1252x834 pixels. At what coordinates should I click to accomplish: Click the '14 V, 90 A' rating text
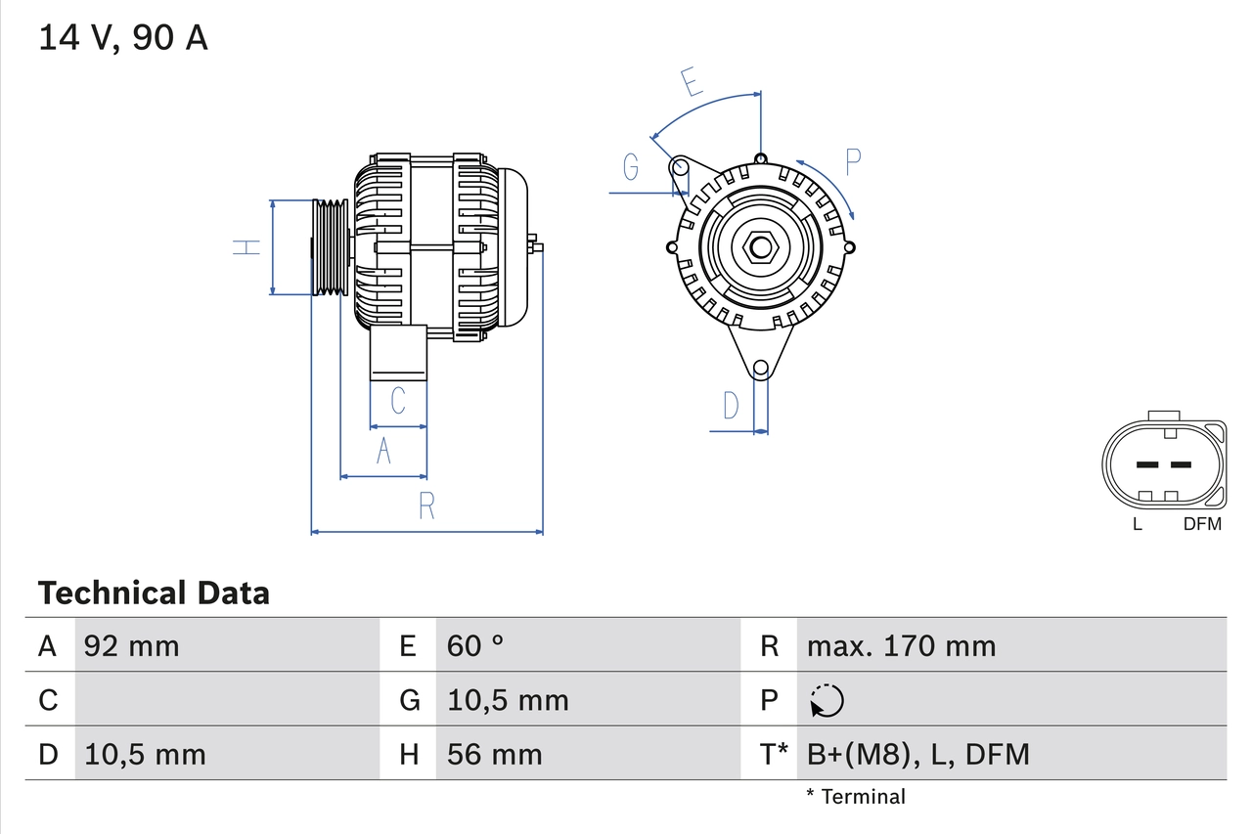coord(123,38)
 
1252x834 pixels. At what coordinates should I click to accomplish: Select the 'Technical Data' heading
coord(154,593)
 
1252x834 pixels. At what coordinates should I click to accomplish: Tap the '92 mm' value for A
coord(132,645)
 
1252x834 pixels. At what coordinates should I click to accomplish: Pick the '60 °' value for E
coord(475,645)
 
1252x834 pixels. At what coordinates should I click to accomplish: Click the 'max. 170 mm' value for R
coord(901,645)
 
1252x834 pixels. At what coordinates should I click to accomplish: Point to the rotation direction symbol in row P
coord(827,700)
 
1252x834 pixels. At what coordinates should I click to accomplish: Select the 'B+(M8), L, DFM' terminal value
coord(917,754)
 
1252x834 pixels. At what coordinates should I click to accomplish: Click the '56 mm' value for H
coord(494,754)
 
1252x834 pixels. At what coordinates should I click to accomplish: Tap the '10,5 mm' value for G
coord(508,700)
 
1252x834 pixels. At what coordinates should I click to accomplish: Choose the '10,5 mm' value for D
coord(145,754)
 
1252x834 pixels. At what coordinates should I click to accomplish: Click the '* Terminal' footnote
coord(856,796)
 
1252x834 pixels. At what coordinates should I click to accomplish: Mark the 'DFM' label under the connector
coord(1202,524)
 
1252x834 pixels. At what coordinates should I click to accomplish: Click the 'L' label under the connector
coord(1137,524)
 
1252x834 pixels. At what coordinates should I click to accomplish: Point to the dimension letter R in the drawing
coord(426,506)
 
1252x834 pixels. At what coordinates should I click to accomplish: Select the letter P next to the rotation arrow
coord(853,161)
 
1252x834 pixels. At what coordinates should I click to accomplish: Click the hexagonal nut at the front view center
coord(760,247)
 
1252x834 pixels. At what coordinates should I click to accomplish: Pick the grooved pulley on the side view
coord(330,247)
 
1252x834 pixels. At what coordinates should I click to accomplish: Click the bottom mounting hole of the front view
coord(760,369)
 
